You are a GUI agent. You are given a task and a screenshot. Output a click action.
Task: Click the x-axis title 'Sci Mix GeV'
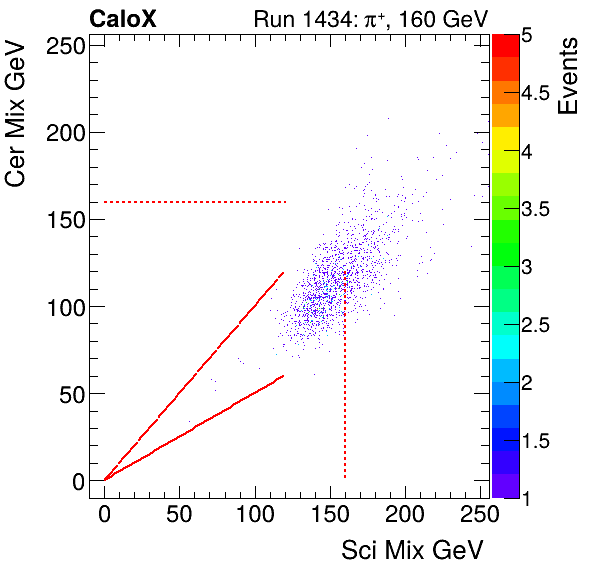[413, 549]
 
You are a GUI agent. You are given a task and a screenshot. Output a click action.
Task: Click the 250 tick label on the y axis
[62, 45]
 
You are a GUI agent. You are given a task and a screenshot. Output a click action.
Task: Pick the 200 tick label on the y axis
[62, 132]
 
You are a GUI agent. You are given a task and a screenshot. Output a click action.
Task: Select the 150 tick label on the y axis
[62, 219]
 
